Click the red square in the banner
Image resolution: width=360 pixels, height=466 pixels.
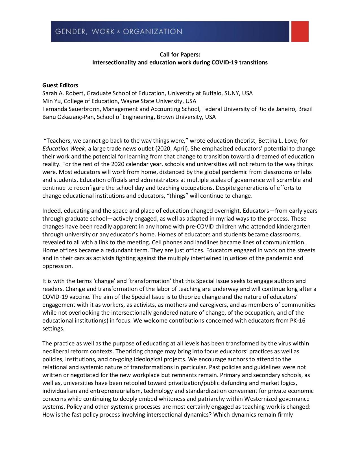click(x=299, y=31)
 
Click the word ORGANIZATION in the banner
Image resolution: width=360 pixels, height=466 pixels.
click(x=153, y=31)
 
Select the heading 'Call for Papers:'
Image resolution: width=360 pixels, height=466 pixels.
click(x=180, y=54)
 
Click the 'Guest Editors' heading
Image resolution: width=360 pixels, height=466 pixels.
click(x=60, y=85)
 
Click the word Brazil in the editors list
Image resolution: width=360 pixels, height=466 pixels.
click(x=305, y=109)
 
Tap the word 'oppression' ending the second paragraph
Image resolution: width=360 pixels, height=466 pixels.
click(x=57, y=266)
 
